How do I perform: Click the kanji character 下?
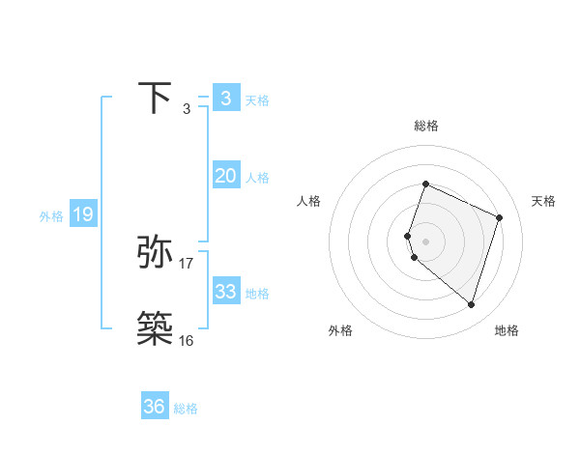click(x=156, y=98)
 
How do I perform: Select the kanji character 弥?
click(x=156, y=251)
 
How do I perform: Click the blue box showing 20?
click(x=225, y=176)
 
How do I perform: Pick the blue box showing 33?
click(x=225, y=292)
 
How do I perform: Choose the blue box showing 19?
click(x=82, y=214)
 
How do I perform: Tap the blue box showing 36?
click(x=155, y=407)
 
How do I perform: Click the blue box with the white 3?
click(x=225, y=98)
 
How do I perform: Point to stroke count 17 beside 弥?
click(x=187, y=263)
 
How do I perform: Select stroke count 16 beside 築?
click(x=186, y=340)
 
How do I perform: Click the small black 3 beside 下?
click(x=186, y=109)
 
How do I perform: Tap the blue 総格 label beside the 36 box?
click(x=186, y=409)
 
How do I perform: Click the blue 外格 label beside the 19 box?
click(x=51, y=216)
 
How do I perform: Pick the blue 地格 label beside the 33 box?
click(x=257, y=294)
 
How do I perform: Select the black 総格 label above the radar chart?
click(x=426, y=126)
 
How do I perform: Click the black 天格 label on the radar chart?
click(x=544, y=201)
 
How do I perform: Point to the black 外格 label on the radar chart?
click(x=340, y=330)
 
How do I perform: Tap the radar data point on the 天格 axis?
click(x=500, y=217)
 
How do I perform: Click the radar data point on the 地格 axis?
click(x=471, y=304)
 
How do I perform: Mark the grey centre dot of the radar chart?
click(x=426, y=241)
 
